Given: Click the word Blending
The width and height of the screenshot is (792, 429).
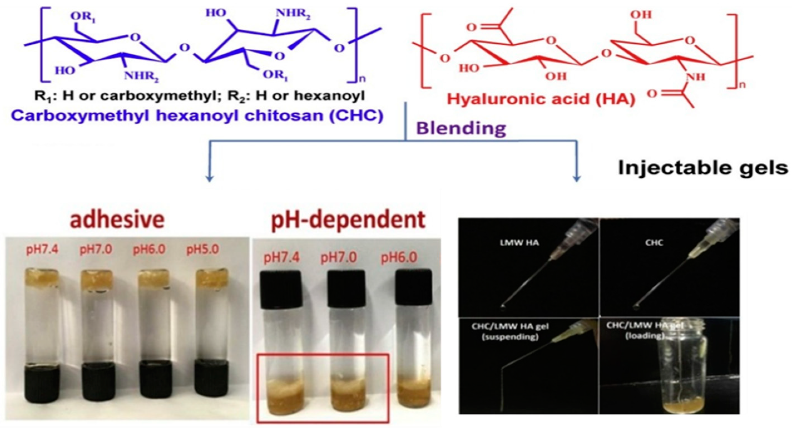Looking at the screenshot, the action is [x=461, y=129].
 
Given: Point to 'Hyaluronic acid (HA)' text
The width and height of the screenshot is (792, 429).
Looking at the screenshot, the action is [x=541, y=99].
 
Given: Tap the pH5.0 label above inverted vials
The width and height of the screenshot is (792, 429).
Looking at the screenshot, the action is [x=203, y=249].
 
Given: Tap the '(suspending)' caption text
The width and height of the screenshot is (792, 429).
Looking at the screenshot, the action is [x=510, y=336].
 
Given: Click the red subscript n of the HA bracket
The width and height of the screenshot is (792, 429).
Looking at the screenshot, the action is [x=742, y=84].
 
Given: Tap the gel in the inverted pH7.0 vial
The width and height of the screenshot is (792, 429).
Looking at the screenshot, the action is [x=97, y=278].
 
